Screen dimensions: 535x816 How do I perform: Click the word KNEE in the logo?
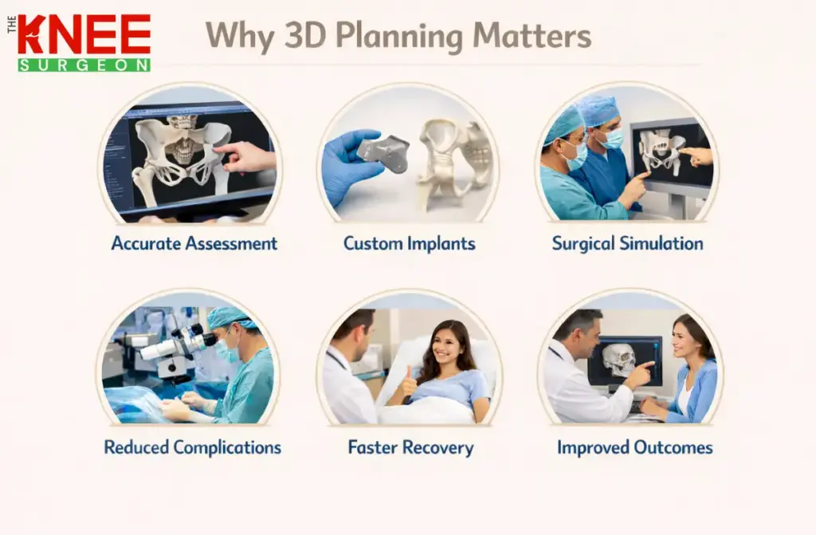point(84,34)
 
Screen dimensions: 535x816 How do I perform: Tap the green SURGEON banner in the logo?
point(84,65)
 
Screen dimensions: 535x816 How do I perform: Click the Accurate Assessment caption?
point(194,243)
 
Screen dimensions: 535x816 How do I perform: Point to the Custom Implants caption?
point(410,243)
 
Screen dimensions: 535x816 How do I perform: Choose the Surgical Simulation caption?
point(628,243)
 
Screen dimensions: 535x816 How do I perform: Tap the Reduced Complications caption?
point(193,447)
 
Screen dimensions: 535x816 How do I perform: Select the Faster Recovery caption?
point(410,447)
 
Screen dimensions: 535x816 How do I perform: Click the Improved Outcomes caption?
point(635,447)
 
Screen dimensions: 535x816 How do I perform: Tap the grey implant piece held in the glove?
point(382,151)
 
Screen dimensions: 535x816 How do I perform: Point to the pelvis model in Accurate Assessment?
point(179,151)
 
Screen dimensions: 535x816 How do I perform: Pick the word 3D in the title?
point(307,36)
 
